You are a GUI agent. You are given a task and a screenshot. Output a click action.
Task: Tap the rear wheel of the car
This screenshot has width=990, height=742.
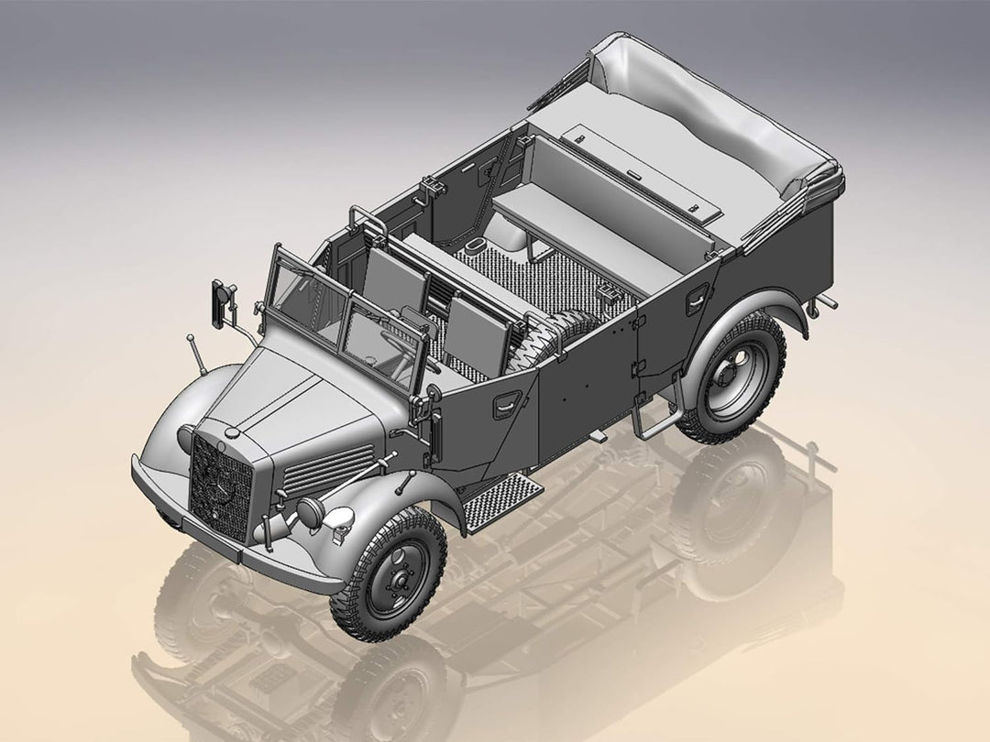point(732,376)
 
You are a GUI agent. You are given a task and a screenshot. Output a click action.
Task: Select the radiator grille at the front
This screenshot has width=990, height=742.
point(220,486)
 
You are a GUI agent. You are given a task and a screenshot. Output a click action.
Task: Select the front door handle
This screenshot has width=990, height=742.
point(507,404)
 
